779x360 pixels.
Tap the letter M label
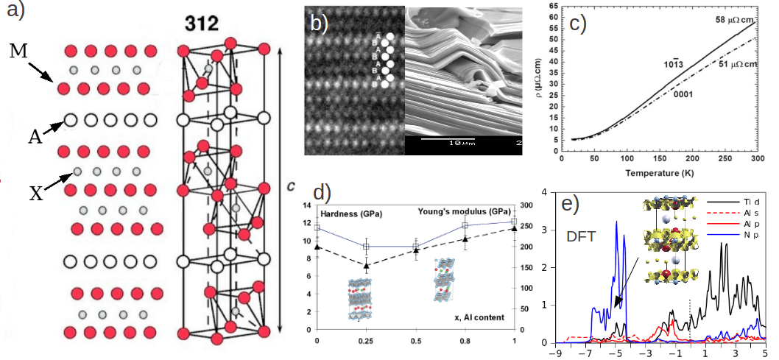[x=20, y=52]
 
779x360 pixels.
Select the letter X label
[x=36, y=194]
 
